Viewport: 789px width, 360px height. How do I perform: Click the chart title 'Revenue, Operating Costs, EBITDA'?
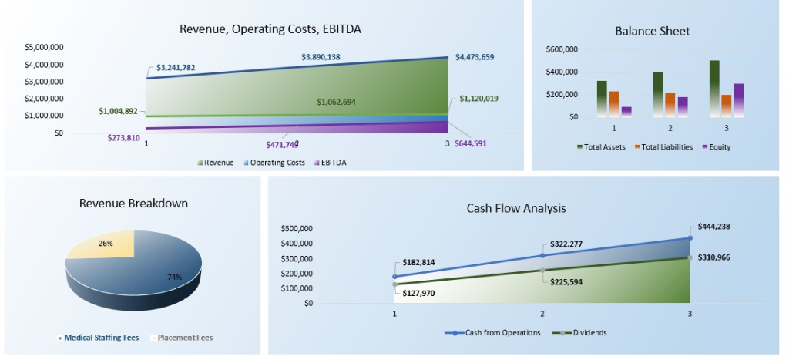(x=270, y=29)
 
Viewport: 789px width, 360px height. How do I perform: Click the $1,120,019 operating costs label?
(x=481, y=99)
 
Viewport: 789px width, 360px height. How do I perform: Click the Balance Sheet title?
(x=652, y=32)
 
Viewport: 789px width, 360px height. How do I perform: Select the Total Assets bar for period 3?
(x=714, y=88)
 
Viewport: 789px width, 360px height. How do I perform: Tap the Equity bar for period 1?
(x=626, y=112)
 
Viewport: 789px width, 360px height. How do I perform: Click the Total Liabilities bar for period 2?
(x=670, y=105)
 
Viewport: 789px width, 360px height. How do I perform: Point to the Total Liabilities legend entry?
(x=663, y=147)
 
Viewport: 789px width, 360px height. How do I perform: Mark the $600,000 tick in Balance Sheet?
(x=562, y=49)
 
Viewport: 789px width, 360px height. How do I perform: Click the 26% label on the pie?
(x=106, y=244)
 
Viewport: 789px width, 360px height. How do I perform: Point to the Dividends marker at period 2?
(x=542, y=271)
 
